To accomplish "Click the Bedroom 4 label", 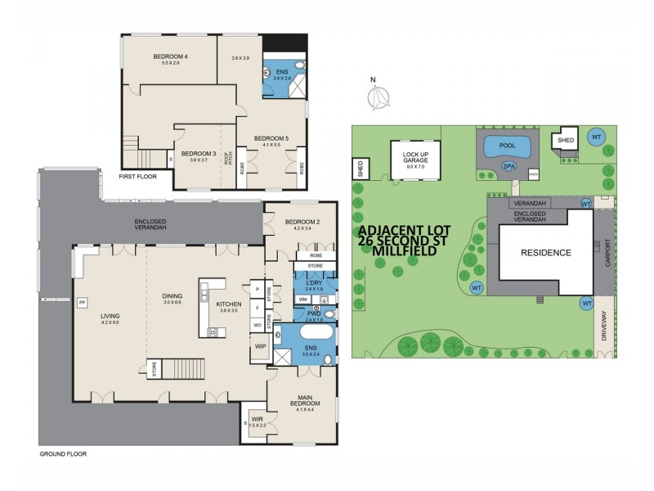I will pos(170,56).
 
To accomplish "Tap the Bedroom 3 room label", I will pos(198,154).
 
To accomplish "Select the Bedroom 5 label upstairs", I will pos(271,138).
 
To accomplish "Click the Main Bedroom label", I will pos(302,401).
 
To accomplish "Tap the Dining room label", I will pos(172,296).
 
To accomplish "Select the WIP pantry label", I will pos(261,346).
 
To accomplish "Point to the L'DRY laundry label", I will pos(314,283).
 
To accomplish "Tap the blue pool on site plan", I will pos(506,147).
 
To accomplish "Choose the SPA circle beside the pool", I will pos(508,165).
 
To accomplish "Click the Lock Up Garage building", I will pos(415,159).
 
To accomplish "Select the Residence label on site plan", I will pos(546,253).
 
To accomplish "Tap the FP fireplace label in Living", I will pos(81,303).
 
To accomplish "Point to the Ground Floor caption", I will pos(62,453).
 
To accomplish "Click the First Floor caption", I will pos(137,176).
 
